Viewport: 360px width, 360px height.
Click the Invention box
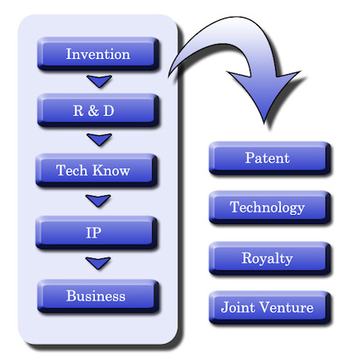[x=98, y=54]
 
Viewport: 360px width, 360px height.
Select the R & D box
[x=98, y=110]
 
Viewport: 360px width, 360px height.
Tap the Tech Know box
[x=96, y=170]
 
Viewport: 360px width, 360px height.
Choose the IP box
[x=96, y=233]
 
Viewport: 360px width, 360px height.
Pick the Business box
[x=98, y=296]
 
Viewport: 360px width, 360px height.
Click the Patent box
[x=270, y=158]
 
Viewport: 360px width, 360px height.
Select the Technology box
[x=270, y=207]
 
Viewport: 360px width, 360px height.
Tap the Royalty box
[x=270, y=258]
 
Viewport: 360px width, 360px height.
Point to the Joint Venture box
[x=270, y=307]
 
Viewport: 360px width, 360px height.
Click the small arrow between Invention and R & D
[x=99, y=81]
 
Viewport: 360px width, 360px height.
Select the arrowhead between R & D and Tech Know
[x=99, y=139]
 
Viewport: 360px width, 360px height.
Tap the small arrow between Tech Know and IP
[x=98, y=201]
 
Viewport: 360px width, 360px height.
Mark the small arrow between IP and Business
[x=98, y=263]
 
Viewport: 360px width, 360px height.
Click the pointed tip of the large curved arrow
[x=264, y=124]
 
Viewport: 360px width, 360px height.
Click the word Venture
[x=286, y=307]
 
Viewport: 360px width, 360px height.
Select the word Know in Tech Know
[x=111, y=170]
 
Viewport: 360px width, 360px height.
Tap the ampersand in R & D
[x=93, y=110]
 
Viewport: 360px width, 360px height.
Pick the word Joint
[x=238, y=307]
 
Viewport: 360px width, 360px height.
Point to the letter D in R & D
[x=109, y=110]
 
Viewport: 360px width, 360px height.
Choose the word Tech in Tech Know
[x=71, y=170]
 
